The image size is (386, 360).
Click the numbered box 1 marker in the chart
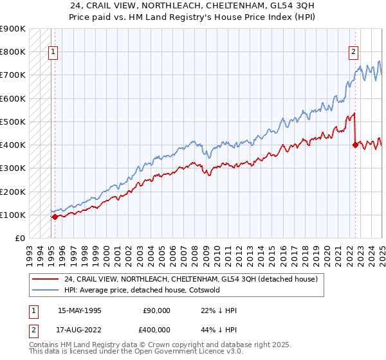[x=53, y=53]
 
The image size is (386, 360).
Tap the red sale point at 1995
[x=55, y=217]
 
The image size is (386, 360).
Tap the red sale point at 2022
[x=355, y=145]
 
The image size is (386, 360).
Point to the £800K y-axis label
[x=13, y=51]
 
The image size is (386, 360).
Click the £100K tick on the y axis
[x=13, y=215]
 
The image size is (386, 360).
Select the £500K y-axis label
[x=13, y=122]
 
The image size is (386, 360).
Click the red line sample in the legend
[x=46, y=280]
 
